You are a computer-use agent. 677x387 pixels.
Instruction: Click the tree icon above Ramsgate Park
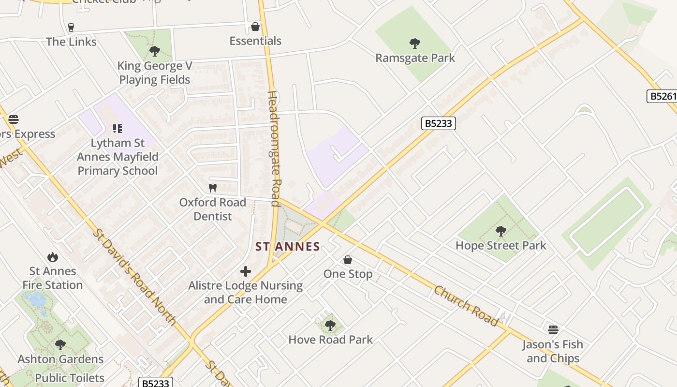[x=414, y=44]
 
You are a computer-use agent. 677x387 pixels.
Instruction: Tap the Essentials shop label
[x=255, y=41]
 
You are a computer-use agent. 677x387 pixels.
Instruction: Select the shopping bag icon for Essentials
[x=255, y=27]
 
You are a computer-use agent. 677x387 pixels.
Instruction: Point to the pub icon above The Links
[x=72, y=27]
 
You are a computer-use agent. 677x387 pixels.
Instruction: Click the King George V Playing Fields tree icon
[x=155, y=51]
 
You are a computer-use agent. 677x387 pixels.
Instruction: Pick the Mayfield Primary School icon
[x=117, y=129]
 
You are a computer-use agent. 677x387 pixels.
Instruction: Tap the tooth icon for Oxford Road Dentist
[x=212, y=188]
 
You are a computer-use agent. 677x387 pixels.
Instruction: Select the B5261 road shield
[x=661, y=96]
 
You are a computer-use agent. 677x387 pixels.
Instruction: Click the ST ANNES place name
[x=288, y=247]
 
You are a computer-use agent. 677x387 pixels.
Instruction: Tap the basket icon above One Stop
[x=347, y=260]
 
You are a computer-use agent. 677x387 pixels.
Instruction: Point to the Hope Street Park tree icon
[x=501, y=231]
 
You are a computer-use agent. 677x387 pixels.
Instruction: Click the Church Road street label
[x=466, y=306]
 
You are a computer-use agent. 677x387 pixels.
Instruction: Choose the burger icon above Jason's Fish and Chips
[x=553, y=330]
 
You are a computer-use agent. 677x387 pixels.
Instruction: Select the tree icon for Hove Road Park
[x=330, y=326]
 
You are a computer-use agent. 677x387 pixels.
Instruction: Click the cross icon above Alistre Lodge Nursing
[x=246, y=271]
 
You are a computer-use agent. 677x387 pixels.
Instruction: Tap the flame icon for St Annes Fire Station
[x=53, y=257]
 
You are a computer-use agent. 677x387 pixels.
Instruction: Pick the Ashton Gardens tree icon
[x=60, y=345]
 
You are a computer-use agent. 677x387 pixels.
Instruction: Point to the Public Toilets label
[x=70, y=378]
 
